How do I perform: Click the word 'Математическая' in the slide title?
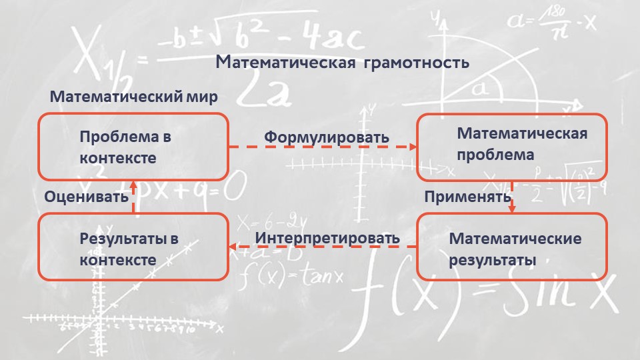click(286, 63)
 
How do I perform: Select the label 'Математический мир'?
click(133, 97)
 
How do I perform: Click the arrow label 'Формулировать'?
click(327, 137)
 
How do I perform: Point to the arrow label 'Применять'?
click(468, 197)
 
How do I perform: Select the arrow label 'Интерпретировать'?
click(327, 238)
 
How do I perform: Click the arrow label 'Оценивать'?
click(86, 197)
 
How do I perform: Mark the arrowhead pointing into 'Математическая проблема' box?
click(413, 147)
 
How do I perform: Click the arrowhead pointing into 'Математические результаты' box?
click(512, 209)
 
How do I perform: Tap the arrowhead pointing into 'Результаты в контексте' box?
click(232, 247)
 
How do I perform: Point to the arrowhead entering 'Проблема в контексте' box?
click(133, 185)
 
